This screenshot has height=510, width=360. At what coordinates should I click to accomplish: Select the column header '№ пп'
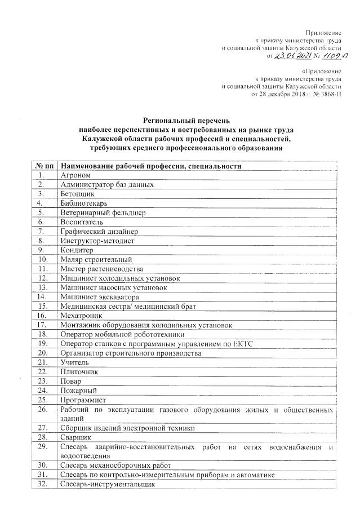click(x=44, y=167)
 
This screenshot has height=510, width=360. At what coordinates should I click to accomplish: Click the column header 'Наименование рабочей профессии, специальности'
click(x=151, y=167)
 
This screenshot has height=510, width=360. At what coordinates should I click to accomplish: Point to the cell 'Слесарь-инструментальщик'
click(x=107, y=484)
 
